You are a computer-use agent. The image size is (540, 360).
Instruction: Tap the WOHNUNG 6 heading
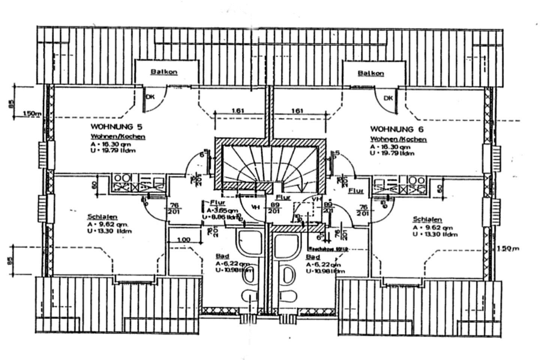coord(397,129)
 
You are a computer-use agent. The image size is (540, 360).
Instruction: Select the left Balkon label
coord(164,72)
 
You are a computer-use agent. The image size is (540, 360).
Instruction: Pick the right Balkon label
coord(370,73)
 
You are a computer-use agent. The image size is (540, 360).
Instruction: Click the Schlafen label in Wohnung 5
coord(102,217)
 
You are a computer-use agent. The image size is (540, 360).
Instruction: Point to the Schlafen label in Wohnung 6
coord(427,219)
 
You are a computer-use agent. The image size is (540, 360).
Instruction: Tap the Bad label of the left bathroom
coord(222,256)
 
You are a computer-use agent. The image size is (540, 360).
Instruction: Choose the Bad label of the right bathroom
coord(313,257)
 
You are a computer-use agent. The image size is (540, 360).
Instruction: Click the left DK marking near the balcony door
coord(150,97)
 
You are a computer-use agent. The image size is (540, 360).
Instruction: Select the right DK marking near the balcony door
coord(388,98)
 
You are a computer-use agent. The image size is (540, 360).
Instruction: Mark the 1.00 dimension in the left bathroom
coord(183,240)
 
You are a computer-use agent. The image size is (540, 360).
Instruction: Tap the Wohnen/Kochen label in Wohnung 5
coord(118,137)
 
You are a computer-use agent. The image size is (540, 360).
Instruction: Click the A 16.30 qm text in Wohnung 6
coord(390,147)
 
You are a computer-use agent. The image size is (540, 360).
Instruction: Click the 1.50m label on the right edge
coord(508,248)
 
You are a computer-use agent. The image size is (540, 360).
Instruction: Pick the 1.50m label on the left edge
coord(32,113)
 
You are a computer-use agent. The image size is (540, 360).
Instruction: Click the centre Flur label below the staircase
coord(283,197)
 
